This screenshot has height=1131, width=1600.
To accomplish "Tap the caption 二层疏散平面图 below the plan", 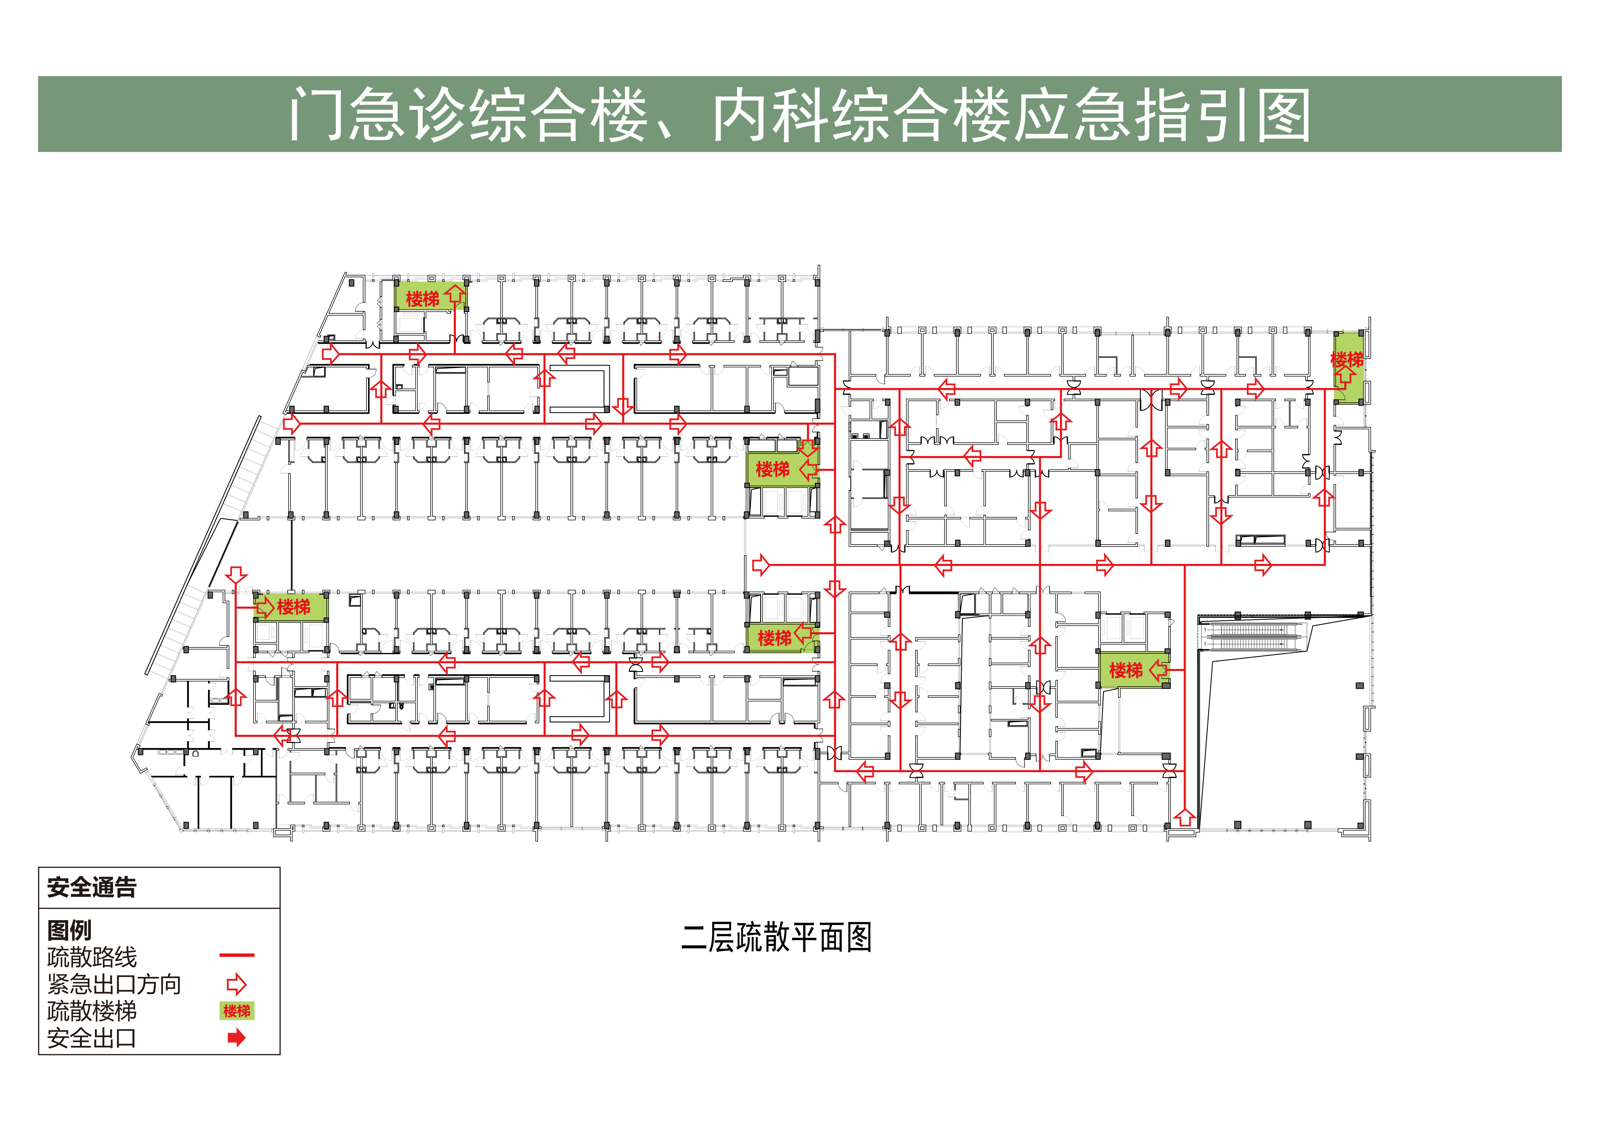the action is click(776, 937).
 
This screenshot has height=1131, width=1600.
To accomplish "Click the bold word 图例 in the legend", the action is click(69, 930).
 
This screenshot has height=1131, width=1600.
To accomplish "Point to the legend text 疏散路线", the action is click(92, 957).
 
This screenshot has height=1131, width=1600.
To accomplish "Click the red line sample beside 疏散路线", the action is click(237, 955).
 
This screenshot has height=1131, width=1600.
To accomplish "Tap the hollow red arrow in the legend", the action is click(237, 984).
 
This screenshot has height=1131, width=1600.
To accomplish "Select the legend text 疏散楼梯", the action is click(92, 1010).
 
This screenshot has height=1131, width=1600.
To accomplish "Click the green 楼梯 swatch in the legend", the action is click(237, 1010).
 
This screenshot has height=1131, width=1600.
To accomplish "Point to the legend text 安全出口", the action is click(92, 1038).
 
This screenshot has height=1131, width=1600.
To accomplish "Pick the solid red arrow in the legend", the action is click(237, 1038).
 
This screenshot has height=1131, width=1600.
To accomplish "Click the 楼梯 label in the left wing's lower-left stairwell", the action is click(293, 606).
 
